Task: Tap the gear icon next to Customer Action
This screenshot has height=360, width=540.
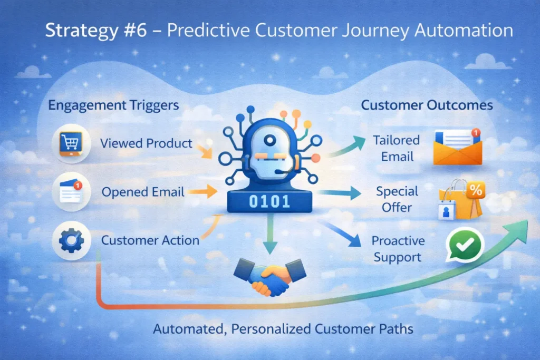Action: click(71, 240)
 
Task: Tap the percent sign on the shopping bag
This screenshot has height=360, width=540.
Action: click(476, 191)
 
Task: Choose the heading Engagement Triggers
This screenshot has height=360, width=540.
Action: click(113, 105)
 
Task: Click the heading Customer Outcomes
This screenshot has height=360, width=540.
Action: click(427, 105)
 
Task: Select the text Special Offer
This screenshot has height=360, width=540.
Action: click(397, 199)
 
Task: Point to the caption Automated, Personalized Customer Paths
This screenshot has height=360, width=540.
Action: click(283, 329)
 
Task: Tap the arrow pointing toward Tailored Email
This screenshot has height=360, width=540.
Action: click(348, 146)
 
